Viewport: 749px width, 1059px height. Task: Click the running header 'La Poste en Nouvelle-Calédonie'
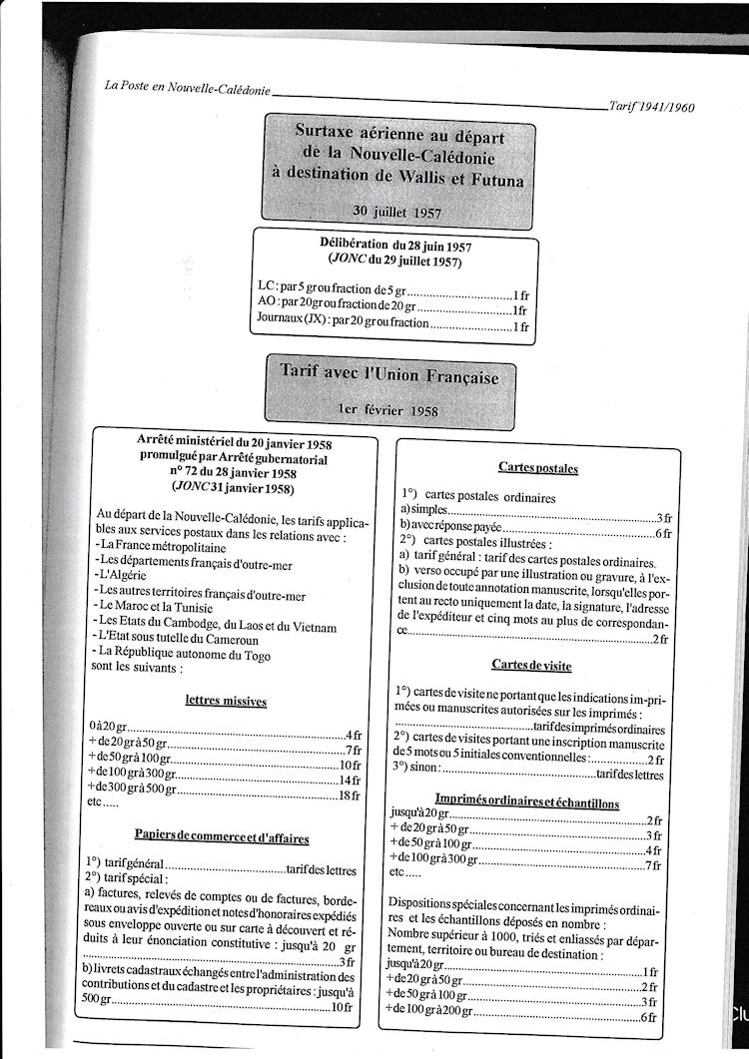point(188,87)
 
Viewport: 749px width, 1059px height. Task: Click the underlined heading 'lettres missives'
point(226,701)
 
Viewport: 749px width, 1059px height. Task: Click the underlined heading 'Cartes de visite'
point(531,665)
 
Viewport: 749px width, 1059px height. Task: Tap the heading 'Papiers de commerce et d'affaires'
point(222,834)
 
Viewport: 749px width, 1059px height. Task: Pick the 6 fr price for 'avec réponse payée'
point(660,532)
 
